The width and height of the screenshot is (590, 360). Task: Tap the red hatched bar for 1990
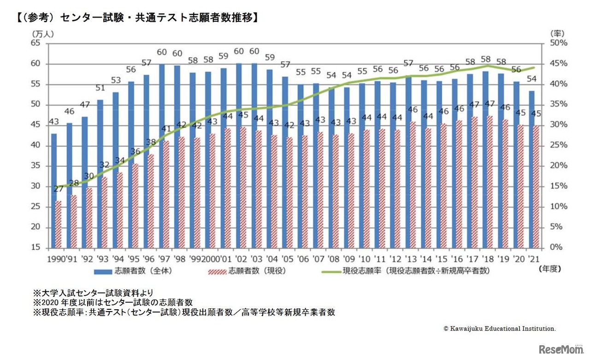point(58,224)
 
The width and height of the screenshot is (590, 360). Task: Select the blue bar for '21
point(531,169)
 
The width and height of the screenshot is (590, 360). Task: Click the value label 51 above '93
point(100,89)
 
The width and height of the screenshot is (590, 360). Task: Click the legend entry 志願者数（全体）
point(133,271)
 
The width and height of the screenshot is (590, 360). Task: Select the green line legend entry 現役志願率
point(406,271)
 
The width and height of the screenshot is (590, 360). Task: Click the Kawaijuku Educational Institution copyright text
point(500,329)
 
